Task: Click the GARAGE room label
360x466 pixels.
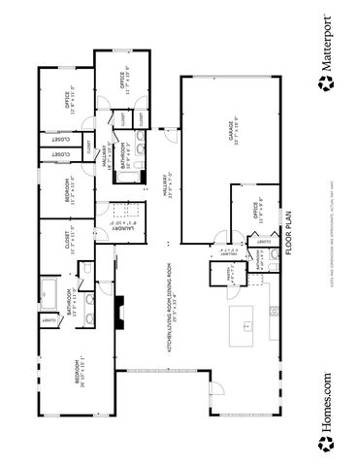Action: (233, 132)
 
